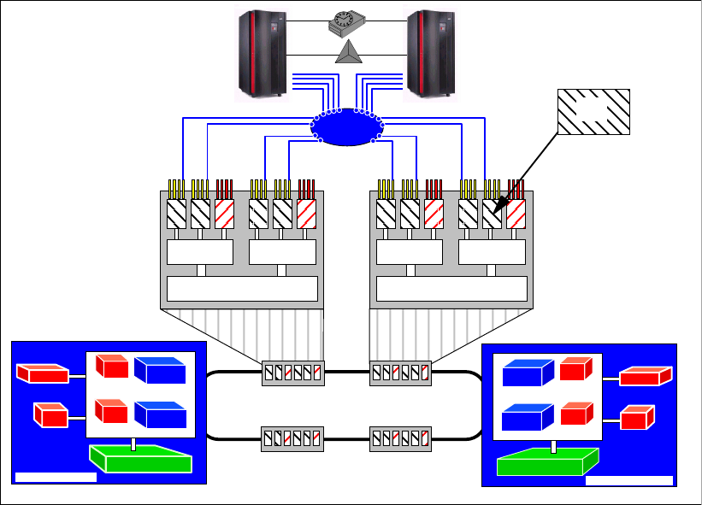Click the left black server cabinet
click(x=261, y=52)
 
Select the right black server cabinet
click(x=429, y=52)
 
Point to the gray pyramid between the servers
click(x=347, y=53)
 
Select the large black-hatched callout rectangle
click(x=593, y=111)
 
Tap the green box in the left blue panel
click(x=141, y=459)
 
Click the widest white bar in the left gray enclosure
click(x=242, y=289)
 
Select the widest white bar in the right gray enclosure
click(x=451, y=289)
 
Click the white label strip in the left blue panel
click(x=56, y=476)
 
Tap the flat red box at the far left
click(x=43, y=374)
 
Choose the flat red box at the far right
click(x=646, y=377)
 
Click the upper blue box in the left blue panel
click(x=160, y=370)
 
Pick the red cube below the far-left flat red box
click(x=50, y=414)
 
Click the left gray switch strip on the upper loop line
click(x=293, y=373)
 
